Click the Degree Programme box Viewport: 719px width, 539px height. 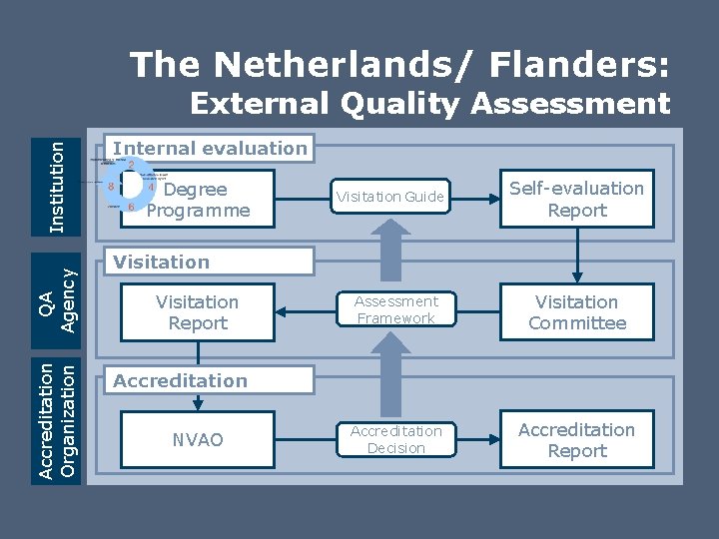tap(198, 200)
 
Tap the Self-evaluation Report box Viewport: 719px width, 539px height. tap(576, 199)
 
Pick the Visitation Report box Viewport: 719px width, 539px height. tap(198, 312)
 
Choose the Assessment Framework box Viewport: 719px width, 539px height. tap(396, 310)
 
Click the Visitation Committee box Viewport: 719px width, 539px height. tap(576, 312)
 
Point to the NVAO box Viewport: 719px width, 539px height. tap(198, 440)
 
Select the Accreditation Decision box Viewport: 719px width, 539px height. tap(395, 439)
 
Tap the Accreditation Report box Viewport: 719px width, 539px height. tap(576, 440)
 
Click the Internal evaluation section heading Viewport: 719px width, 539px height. tap(211, 149)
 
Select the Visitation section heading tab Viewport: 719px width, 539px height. tap(211, 263)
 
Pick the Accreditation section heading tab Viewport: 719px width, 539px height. tap(211, 381)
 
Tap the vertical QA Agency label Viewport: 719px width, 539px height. tap(58, 297)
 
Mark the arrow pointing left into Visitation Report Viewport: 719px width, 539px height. tap(310, 311)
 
